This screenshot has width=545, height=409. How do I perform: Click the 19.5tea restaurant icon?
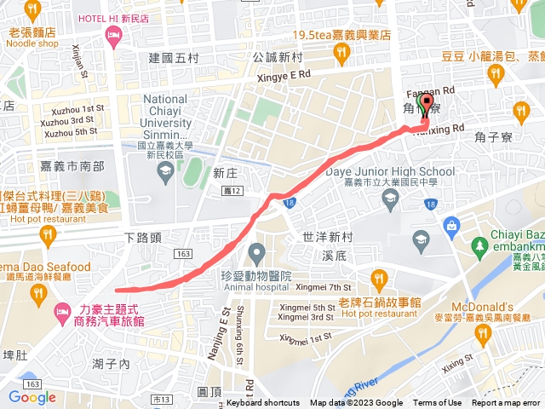coord(341,53)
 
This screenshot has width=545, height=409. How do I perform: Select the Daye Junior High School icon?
coord(390,199)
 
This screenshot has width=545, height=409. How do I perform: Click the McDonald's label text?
coord(510,307)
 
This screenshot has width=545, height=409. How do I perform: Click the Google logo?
coord(32,397)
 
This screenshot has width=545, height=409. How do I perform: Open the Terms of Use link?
coord(438,403)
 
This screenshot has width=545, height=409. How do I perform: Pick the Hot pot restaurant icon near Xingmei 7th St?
coord(379,277)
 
